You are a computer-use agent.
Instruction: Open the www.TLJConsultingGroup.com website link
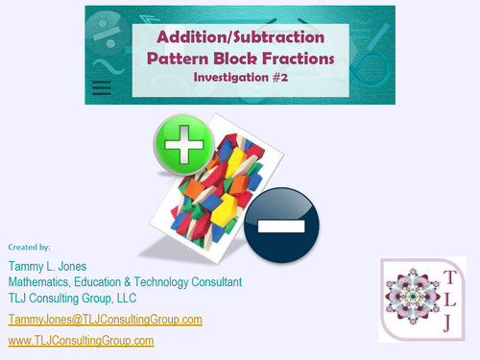[x=81, y=341]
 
